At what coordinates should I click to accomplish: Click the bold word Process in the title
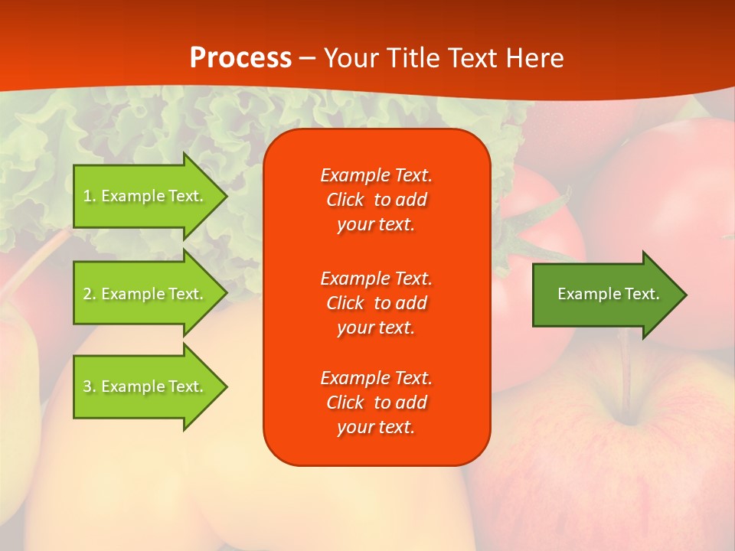[240, 58]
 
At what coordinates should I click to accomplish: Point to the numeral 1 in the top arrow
[87, 196]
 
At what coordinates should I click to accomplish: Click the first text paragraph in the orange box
[376, 200]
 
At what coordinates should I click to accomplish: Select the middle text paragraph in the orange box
[376, 303]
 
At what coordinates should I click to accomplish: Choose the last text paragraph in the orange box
[376, 403]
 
